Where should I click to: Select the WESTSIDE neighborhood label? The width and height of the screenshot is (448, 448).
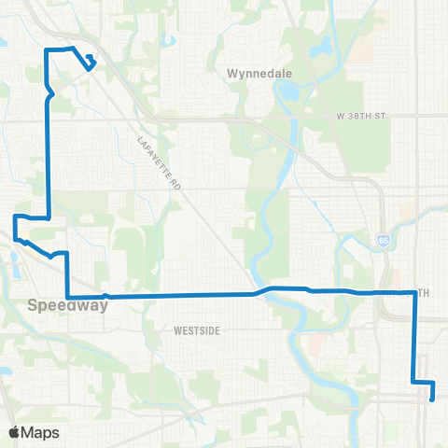coord(196,330)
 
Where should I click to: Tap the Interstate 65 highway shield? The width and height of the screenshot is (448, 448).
coord(385,241)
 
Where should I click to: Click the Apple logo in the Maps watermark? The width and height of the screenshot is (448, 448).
coord(14,432)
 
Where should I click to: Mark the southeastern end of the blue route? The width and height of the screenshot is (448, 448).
coord(433,399)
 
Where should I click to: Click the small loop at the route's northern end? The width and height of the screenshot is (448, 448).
coord(90,63)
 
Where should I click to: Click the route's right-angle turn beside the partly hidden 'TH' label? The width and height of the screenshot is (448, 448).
coord(413,293)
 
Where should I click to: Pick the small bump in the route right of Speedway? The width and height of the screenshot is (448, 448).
coord(106,296)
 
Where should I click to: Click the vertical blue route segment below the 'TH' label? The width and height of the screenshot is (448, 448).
coord(413,336)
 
